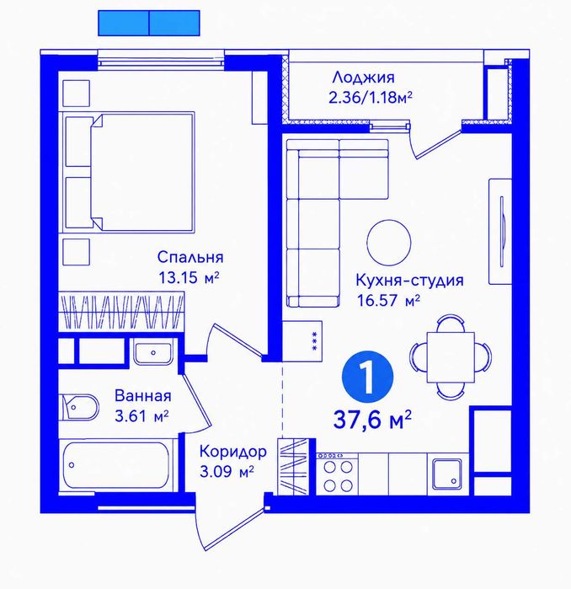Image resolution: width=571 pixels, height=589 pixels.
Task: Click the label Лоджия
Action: pos(363,78)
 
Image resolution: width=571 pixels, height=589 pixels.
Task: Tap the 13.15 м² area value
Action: pos(189,278)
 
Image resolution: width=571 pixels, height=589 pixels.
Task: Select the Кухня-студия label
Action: pos(409,281)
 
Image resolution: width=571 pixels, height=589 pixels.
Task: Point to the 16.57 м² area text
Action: pos(388,301)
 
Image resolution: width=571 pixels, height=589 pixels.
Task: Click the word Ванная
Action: pos(143,395)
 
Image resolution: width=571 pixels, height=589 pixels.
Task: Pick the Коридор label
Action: pos(233,451)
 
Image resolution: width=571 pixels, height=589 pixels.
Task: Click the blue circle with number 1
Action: pos(367,377)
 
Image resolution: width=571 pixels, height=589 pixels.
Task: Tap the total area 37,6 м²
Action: pos(372,420)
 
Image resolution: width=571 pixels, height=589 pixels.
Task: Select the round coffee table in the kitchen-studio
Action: pos(389,243)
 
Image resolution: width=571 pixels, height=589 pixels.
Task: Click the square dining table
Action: pos(451,357)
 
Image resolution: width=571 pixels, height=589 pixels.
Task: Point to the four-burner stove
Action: pos(338,474)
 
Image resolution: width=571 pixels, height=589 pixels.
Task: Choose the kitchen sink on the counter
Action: pos(446,474)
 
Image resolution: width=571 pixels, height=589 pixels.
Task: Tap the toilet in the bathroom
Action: pos(79,408)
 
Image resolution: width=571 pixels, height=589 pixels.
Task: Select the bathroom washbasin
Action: pos(153,353)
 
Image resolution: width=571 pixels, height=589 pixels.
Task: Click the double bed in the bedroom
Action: pos(130,172)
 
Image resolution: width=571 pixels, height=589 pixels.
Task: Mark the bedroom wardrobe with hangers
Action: pos(121,312)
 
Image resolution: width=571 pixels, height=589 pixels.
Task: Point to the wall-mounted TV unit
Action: pos(500,232)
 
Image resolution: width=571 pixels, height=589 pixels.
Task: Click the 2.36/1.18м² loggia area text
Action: pos(371,98)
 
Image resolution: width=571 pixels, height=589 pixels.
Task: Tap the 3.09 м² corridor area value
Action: pos(227,471)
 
